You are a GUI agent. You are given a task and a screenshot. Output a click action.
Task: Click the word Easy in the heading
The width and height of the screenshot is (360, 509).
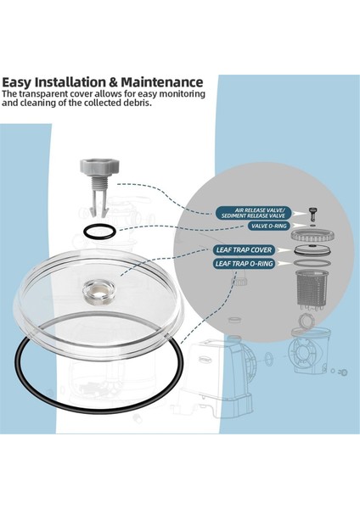click(20, 82)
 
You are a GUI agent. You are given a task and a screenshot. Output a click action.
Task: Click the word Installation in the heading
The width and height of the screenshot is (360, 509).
click(79, 82)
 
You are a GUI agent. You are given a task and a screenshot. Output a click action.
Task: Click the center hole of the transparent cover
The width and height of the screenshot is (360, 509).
click(90, 296)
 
